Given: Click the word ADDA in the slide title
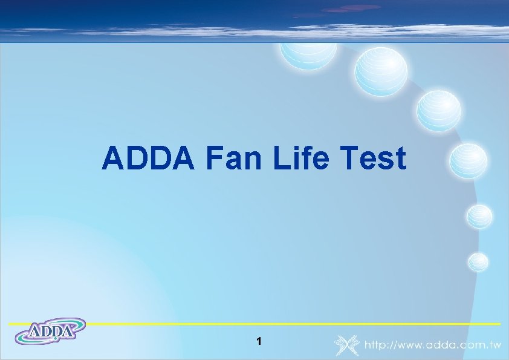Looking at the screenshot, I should pyautogui.click(x=148, y=159).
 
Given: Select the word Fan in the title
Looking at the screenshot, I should pyautogui.click(x=234, y=159).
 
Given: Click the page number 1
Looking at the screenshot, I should pyautogui.click(x=259, y=342).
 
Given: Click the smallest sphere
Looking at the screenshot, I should pyautogui.click(x=478, y=261).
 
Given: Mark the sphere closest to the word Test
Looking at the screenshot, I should pyautogui.click(x=468, y=161).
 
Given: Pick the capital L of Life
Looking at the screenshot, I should pyautogui.click(x=281, y=159).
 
